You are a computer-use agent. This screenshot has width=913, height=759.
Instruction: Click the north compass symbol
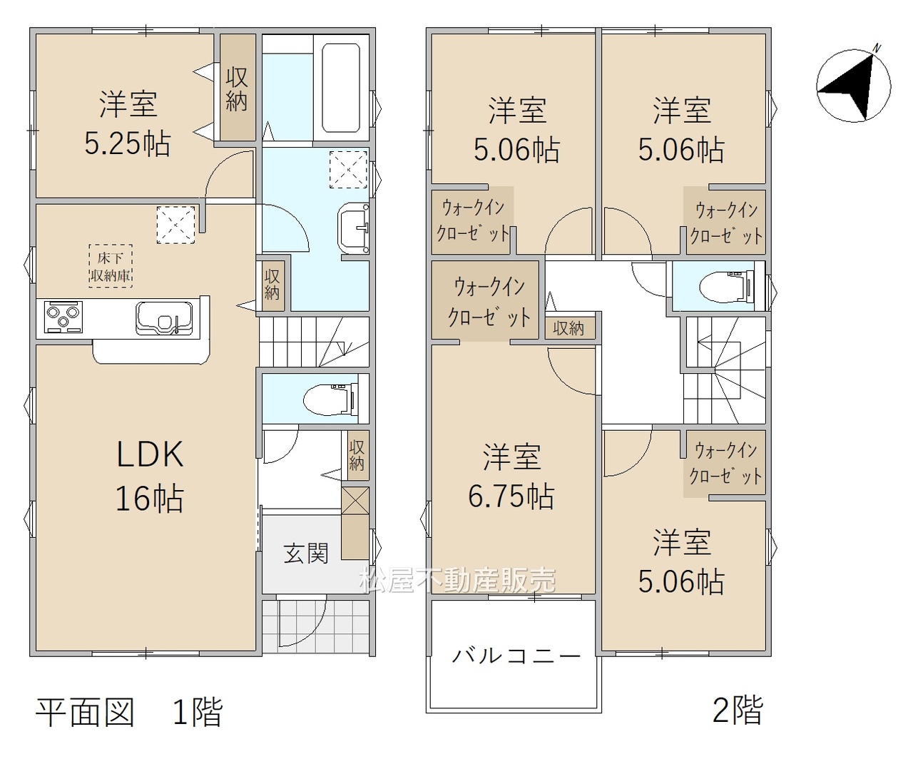click(x=854, y=85)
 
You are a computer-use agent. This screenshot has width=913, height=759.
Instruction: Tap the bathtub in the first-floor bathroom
click(x=341, y=88)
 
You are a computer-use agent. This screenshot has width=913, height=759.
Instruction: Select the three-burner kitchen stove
click(x=64, y=317)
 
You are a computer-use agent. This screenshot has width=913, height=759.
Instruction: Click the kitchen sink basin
click(x=164, y=318)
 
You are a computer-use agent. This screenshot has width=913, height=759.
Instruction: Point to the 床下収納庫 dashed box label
click(x=111, y=266)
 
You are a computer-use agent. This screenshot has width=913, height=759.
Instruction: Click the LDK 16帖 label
click(x=150, y=476)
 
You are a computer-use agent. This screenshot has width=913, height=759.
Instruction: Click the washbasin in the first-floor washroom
click(x=354, y=228)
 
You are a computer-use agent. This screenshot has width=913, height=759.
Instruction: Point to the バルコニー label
click(x=516, y=656)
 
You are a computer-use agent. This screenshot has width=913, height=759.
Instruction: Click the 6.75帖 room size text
click(x=511, y=496)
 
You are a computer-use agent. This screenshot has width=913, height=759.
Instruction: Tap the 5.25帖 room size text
click(x=127, y=144)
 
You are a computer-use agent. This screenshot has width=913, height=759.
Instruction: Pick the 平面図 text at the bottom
click(x=85, y=713)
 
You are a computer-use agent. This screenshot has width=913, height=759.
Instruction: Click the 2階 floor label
click(x=738, y=710)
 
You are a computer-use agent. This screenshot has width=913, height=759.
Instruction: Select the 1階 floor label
click(x=198, y=713)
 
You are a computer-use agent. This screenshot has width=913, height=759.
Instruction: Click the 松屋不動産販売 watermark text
click(x=457, y=580)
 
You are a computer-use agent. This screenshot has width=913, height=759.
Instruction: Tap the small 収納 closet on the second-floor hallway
click(x=569, y=328)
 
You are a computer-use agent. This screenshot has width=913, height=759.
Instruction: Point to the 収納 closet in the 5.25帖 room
click(x=238, y=88)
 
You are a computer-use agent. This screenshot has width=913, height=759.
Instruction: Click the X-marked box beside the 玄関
click(x=355, y=501)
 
